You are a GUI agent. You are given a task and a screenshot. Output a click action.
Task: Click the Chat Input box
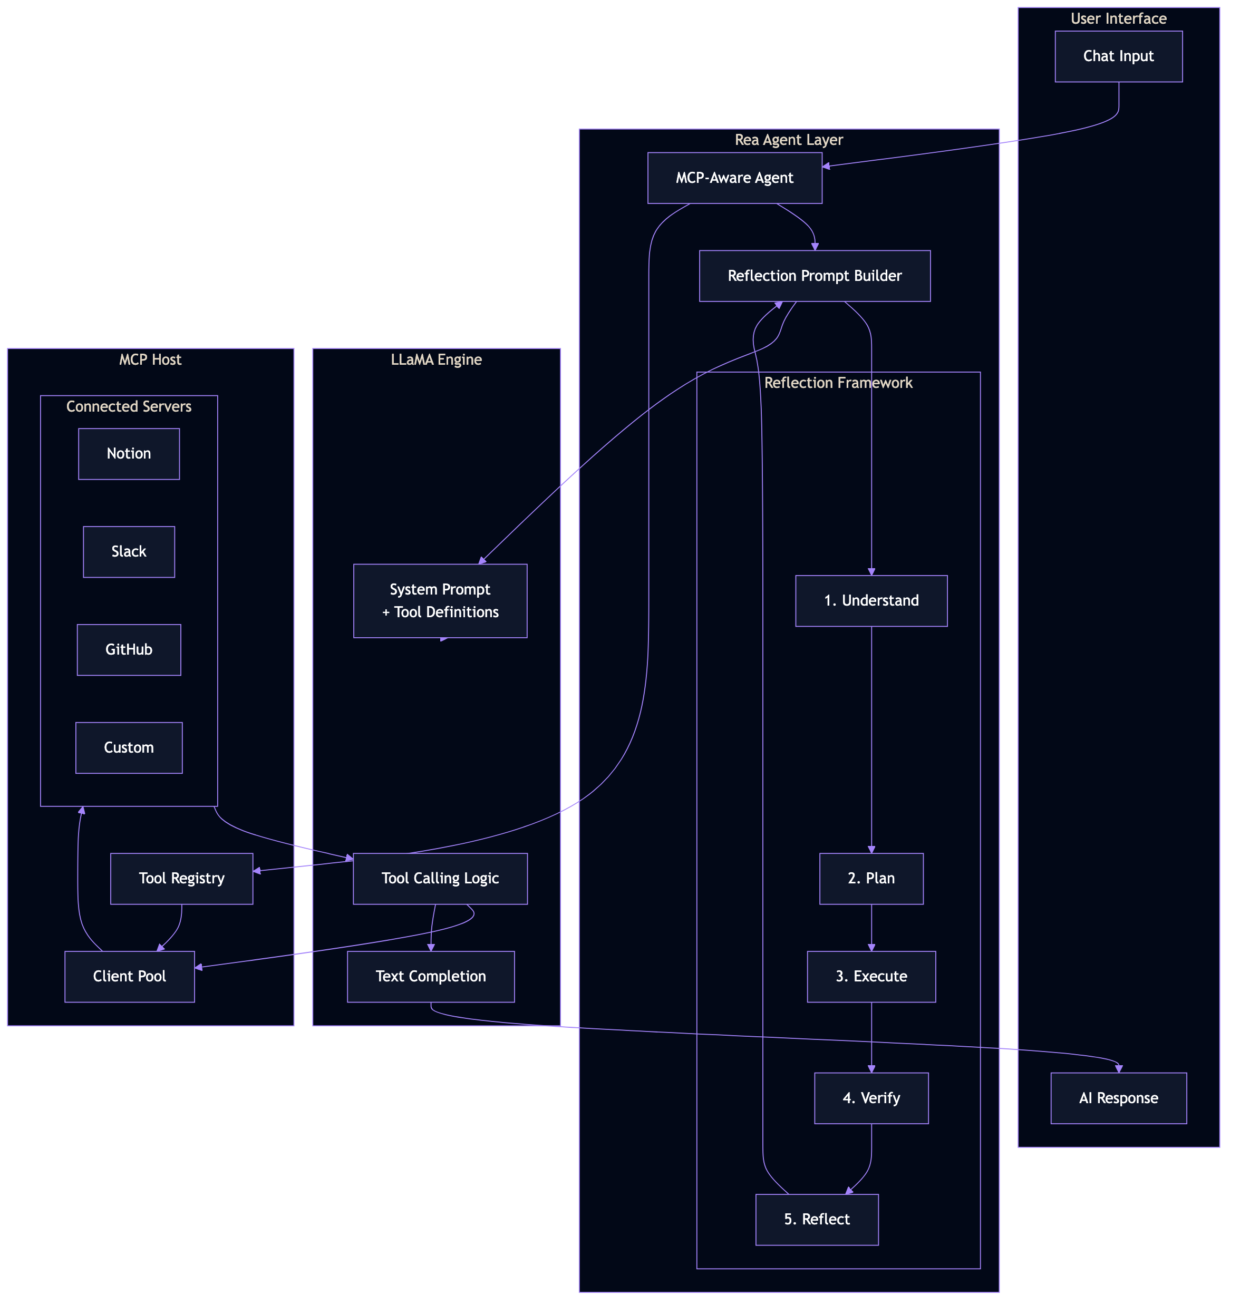1118,56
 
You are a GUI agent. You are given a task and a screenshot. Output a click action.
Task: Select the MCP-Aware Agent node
734,178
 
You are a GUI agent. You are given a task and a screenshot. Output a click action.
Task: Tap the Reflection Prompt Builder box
815,276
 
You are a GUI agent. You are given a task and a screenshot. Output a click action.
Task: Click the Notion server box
129,453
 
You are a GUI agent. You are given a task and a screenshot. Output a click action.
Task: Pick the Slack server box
129,551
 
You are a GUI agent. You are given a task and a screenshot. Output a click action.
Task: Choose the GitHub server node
129,649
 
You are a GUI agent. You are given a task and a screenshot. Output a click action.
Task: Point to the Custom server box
129,747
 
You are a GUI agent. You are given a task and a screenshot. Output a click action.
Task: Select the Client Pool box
130,976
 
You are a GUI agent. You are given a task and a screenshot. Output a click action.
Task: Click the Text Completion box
431,976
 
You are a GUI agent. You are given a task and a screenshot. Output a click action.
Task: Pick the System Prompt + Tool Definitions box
440,600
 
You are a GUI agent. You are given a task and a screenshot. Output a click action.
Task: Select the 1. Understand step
871,600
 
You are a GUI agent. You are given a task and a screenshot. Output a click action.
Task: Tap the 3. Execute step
871,976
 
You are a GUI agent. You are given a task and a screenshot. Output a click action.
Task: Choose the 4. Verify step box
871,1097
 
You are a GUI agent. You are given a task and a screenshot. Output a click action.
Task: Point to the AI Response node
1118,1097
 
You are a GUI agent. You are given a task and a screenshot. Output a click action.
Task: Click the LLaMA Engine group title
436,359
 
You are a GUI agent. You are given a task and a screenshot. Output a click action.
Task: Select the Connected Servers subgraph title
129,406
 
